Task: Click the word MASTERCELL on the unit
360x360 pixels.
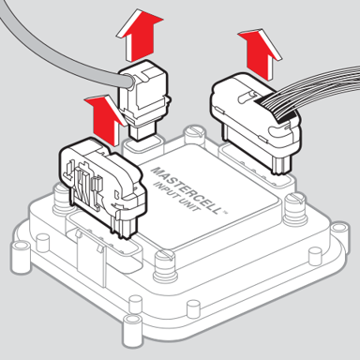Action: [187, 190]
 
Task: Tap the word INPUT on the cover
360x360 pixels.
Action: [166, 190]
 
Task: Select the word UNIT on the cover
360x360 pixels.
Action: [189, 203]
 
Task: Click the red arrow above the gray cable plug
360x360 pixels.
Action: [140, 35]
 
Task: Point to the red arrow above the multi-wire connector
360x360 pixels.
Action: [260, 53]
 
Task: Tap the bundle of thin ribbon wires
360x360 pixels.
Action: [316, 94]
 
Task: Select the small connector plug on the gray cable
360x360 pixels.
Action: [144, 100]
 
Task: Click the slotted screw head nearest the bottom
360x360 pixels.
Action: [166, 264]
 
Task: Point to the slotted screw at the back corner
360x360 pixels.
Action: [194, 134]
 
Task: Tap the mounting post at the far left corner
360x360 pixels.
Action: [22, 254]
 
